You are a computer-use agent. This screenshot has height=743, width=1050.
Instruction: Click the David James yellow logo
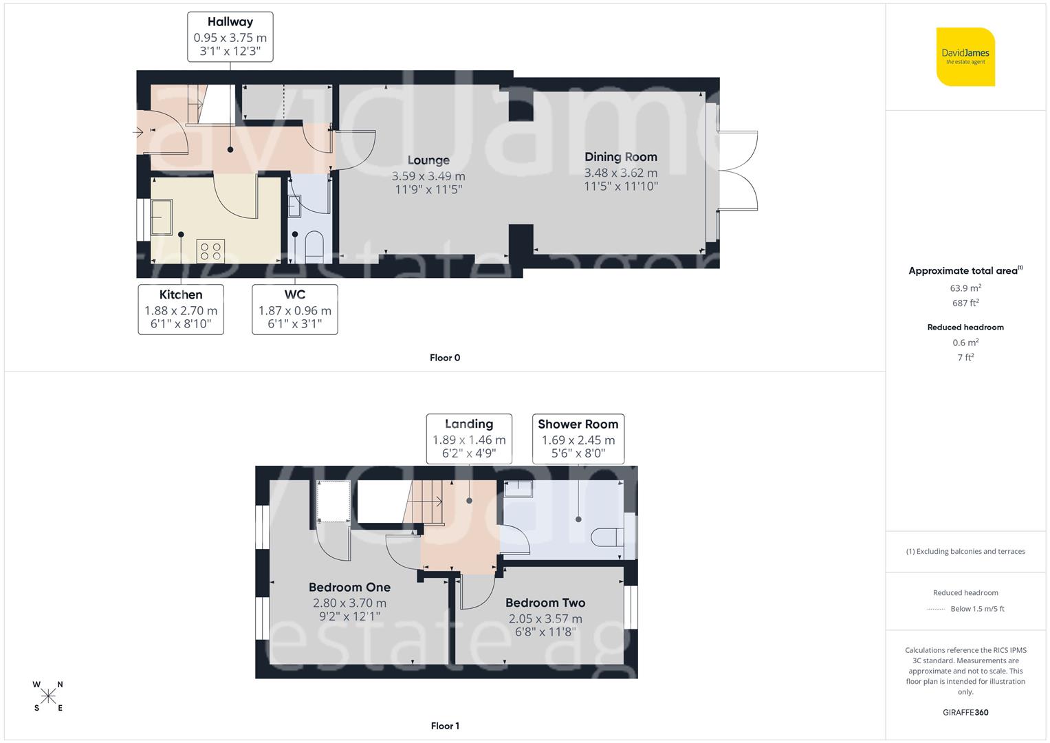965,56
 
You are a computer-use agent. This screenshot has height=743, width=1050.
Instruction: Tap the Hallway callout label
230,36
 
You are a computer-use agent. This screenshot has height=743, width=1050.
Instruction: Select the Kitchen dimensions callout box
181,310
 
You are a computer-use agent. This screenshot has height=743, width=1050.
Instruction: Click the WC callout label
294,310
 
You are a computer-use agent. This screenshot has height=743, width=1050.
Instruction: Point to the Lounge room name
428,160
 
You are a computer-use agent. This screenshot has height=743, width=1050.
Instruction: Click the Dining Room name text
620,157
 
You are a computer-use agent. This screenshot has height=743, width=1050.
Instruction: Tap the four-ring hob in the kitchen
210,251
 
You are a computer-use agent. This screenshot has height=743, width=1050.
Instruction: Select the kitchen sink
163,217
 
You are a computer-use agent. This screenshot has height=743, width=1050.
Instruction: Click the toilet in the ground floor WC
314,246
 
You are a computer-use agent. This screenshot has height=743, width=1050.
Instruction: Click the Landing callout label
469,438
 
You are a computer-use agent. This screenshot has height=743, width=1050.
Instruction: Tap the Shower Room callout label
578,438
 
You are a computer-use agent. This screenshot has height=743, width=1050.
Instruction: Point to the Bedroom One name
349,587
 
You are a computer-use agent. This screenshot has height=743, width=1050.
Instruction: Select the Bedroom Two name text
545,603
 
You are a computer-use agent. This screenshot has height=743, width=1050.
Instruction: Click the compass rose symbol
48,696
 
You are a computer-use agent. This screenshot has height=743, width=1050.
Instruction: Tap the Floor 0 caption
445,358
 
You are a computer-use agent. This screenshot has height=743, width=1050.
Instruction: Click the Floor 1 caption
445,726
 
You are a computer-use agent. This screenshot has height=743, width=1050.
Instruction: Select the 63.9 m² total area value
965,288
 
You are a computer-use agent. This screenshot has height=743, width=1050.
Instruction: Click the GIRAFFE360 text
965,713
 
